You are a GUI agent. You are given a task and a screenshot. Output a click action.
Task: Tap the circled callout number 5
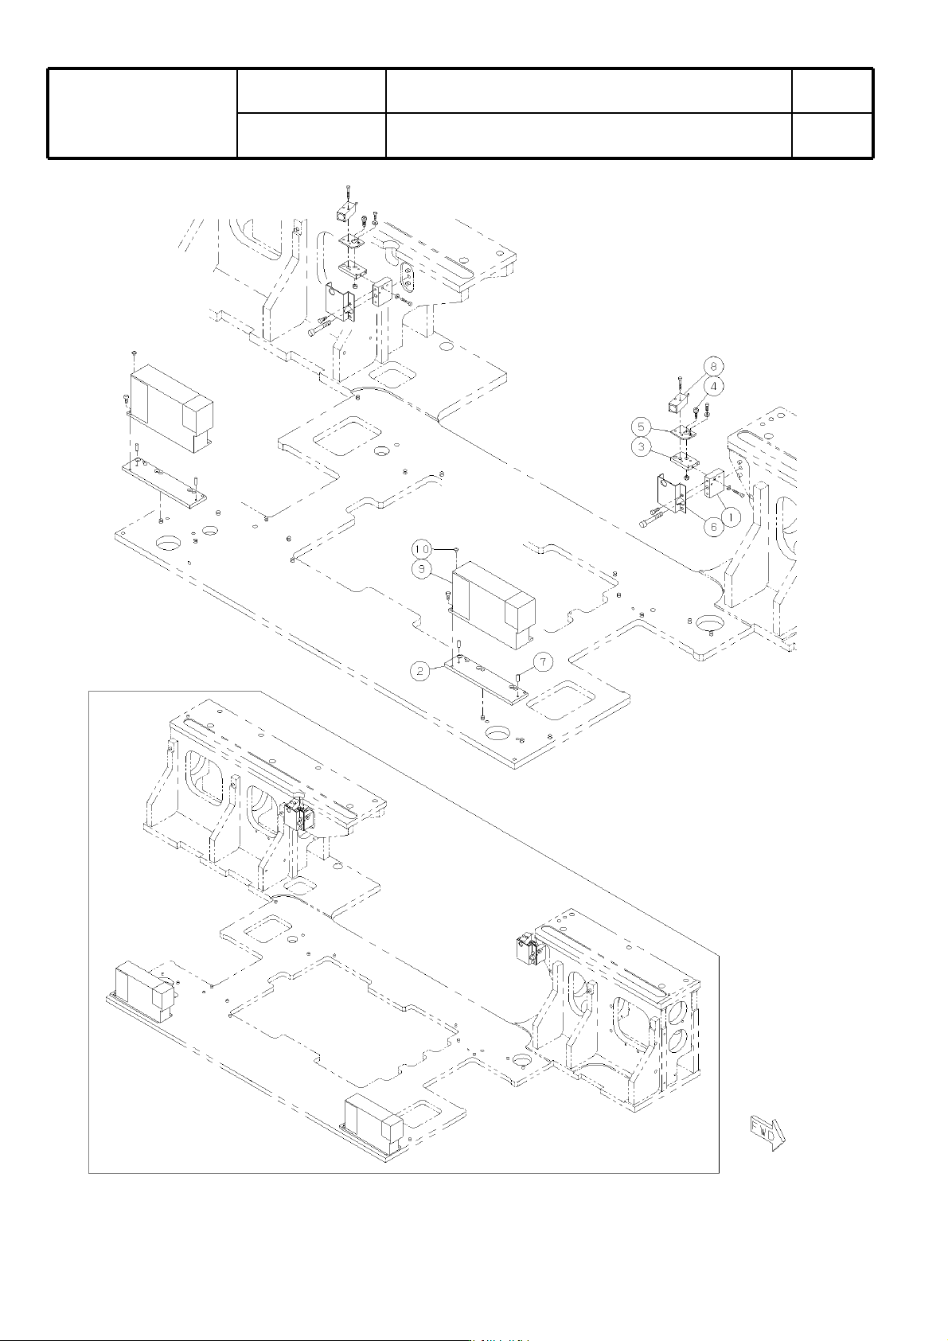click(641, 427)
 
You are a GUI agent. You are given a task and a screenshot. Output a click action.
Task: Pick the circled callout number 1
click(732, 514)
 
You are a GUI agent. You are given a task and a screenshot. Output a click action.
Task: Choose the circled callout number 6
click(713, 527)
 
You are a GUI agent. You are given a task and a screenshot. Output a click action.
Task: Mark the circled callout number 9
click(422, 569)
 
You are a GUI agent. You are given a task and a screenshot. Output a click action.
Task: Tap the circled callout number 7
click(543, 661)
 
